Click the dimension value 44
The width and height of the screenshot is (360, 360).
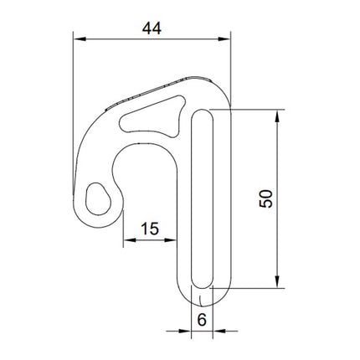coord(152,28)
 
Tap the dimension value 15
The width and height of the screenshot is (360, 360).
coord(150,229)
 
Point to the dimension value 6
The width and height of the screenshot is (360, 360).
coord(202,319)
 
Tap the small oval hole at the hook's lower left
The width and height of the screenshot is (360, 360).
coord(100,198)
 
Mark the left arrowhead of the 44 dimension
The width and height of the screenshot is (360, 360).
coord(78,38)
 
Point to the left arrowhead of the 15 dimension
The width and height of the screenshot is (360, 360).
coord(127,241)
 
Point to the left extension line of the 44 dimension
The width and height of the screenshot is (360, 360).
coord(73,100)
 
